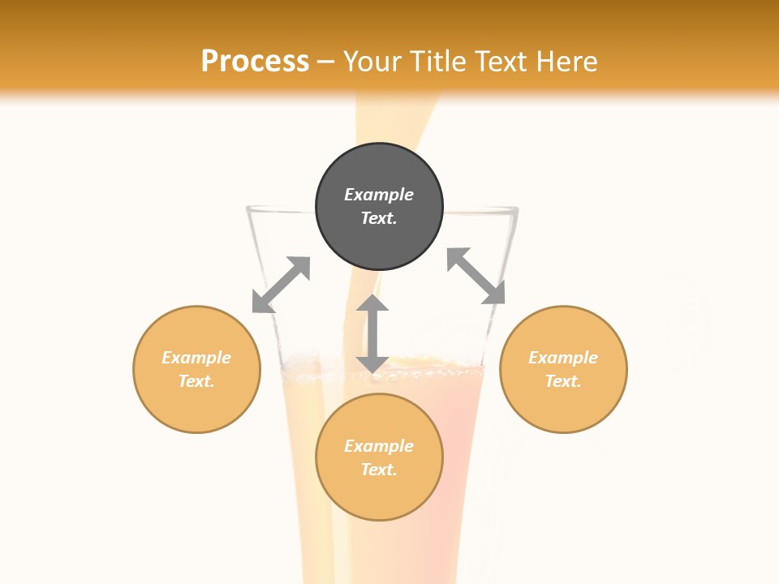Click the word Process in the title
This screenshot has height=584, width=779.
[x=255, y=61]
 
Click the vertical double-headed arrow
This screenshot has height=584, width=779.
[x=372, y=333]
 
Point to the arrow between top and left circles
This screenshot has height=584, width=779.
[x=281, y=285]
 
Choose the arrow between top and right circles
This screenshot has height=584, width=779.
[x=476, y=276]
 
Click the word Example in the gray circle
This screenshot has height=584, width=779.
[x=379, y=195]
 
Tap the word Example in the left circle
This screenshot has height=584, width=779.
[x=196, y=358]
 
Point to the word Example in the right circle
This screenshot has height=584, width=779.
[x=563, y=358]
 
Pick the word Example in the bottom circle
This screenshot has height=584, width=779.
[x=379, y=446]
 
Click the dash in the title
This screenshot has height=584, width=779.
[x=326, y=62]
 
